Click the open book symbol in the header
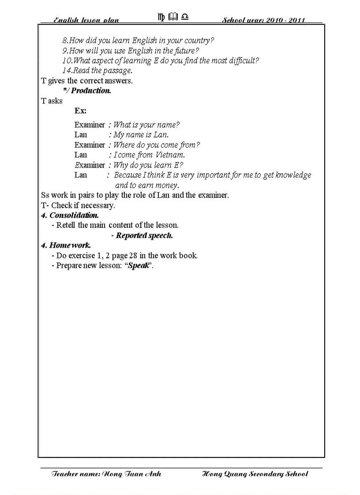(x=173, y=17)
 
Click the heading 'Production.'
(x=91, y=91)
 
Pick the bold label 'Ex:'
(x=80, y=111)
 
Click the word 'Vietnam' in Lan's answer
(x=169, y=155)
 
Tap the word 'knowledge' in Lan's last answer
(x=293, y=175)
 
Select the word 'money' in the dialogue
(x=166, y=186)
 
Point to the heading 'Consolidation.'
(x=74, y=216)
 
